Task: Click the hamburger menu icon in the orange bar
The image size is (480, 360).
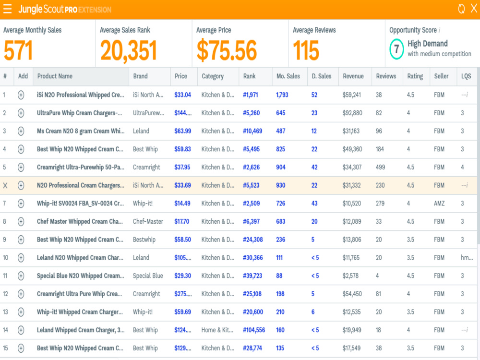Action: [x=7, y=9]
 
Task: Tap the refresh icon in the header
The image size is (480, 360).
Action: [x=461, y=9]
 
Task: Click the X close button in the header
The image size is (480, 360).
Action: [x=474, y=9]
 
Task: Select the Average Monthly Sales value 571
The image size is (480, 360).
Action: [x=18, y=51]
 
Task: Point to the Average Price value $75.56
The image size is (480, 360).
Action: [x=227, y=51]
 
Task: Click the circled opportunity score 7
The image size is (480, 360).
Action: [x=396, y=49]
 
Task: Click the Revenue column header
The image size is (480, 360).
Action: [x=353, y=76]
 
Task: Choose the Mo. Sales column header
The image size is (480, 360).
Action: [x=288, y=76]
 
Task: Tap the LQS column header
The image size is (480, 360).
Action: [x=466, y=76]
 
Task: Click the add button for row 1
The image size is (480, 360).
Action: [x=21, y=95]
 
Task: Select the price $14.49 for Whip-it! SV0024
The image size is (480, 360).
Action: [x=182, y=203]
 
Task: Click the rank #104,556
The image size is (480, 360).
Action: [x=254, y=330]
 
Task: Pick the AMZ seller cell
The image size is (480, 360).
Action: [x=439, y=203]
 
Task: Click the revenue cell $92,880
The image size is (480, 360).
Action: [x=352, y=113]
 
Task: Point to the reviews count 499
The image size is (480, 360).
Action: [x=381, y=167]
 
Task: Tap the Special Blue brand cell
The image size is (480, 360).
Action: [x=148, y=276]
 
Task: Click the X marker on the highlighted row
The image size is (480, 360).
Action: [x=5, y=185]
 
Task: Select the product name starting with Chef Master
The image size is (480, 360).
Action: [x=80, y=221]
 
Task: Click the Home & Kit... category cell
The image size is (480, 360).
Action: [x=217, y=330]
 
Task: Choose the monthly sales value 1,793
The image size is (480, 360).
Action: [x=282, y=95]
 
